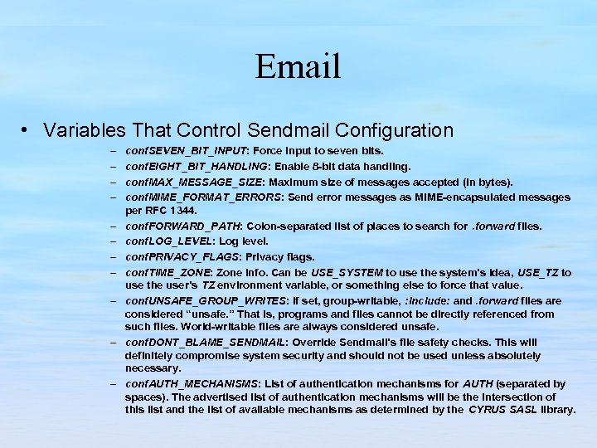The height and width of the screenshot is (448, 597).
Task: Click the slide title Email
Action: (298, 66)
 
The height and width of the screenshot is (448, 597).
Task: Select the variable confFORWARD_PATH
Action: (182, 226)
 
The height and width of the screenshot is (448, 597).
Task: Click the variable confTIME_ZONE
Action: (168, 272)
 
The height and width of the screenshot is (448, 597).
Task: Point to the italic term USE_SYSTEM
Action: (347, 272)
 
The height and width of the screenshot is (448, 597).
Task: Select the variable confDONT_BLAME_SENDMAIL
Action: (206, 343)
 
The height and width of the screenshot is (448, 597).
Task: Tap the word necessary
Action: (153, 368)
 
